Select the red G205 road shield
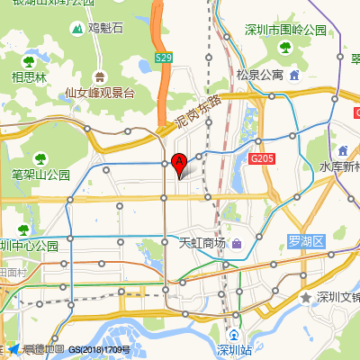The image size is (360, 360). click(x=261, y=158)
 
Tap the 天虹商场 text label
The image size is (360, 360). click(x=202, y=243)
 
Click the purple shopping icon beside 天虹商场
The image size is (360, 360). click(x=237, y=243)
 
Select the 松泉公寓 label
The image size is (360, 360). click(x=259, y=74)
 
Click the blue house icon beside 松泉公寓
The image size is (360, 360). click(x=294, y=74)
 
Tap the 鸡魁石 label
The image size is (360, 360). click(x=105, y=29)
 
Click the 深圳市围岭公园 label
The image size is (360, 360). click(x=285, y=30)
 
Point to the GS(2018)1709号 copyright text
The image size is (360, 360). click(x=100, y=349)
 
